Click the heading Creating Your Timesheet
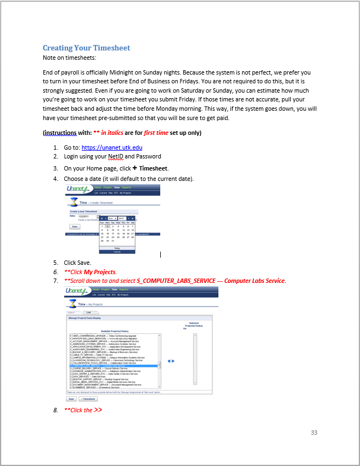click(x=87, y=48)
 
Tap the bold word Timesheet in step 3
click(x=153, y=168)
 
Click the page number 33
click(x=314, y=433)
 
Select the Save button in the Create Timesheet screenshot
click(x=75, y=226)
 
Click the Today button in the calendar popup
click(x=117, y=248)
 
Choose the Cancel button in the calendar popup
click(x=117, y=252)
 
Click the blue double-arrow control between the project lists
click(x=171, y=361)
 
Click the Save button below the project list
click(x=72, y=399)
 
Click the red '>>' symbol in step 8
click(x=98, y=410)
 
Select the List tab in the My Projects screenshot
click(x=88, y=312)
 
